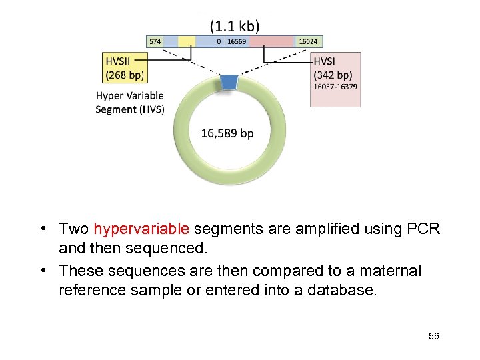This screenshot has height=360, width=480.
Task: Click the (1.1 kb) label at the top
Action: click(x=235, y=26)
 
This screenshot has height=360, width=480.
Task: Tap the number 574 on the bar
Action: click(x=155, y=41)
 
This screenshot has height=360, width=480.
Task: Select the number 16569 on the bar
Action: click(x=237, y=41)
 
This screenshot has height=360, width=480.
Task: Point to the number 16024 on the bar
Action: click(x=308, y=41)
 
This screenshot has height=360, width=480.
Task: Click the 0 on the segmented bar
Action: click(x=219, y=41)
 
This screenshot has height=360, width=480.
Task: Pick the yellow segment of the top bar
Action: click(x=187, y=41)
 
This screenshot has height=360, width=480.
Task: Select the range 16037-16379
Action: click(x=335, y=87)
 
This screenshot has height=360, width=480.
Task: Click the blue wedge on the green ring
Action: click(x=229, y=82)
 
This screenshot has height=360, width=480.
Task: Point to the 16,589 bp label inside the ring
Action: click(x=227, y=133)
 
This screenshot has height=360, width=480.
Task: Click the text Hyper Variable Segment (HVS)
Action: click(x=129, y=102)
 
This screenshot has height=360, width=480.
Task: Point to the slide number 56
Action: click(x=433, y=336)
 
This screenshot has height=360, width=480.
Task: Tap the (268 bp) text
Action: click(x=125, y=75)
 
